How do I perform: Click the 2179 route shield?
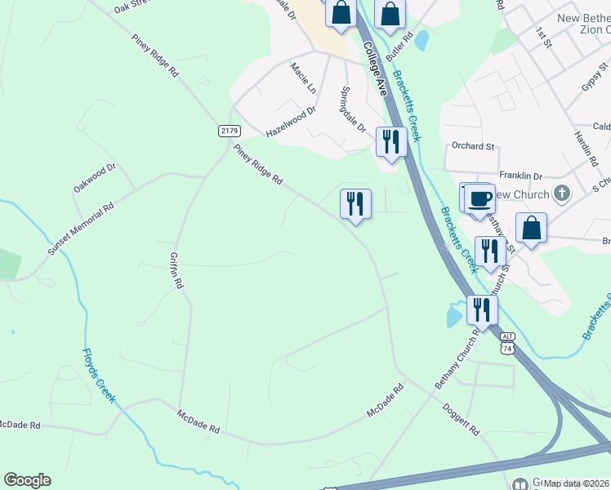pos(229,131)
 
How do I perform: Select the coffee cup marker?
pos(480,198)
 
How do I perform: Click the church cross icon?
pos(560,194)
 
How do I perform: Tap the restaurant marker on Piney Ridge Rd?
pos(355,203)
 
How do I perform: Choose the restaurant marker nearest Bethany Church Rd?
pos(482,310)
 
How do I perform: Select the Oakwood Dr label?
pos(96,177)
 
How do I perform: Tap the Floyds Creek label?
pos(98,376)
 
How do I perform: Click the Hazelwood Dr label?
pos(291,125)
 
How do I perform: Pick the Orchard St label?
pos(474,146)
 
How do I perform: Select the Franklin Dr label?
pos(521,176)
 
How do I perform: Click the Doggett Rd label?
pos(460,416)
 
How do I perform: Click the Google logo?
pos(27,480)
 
